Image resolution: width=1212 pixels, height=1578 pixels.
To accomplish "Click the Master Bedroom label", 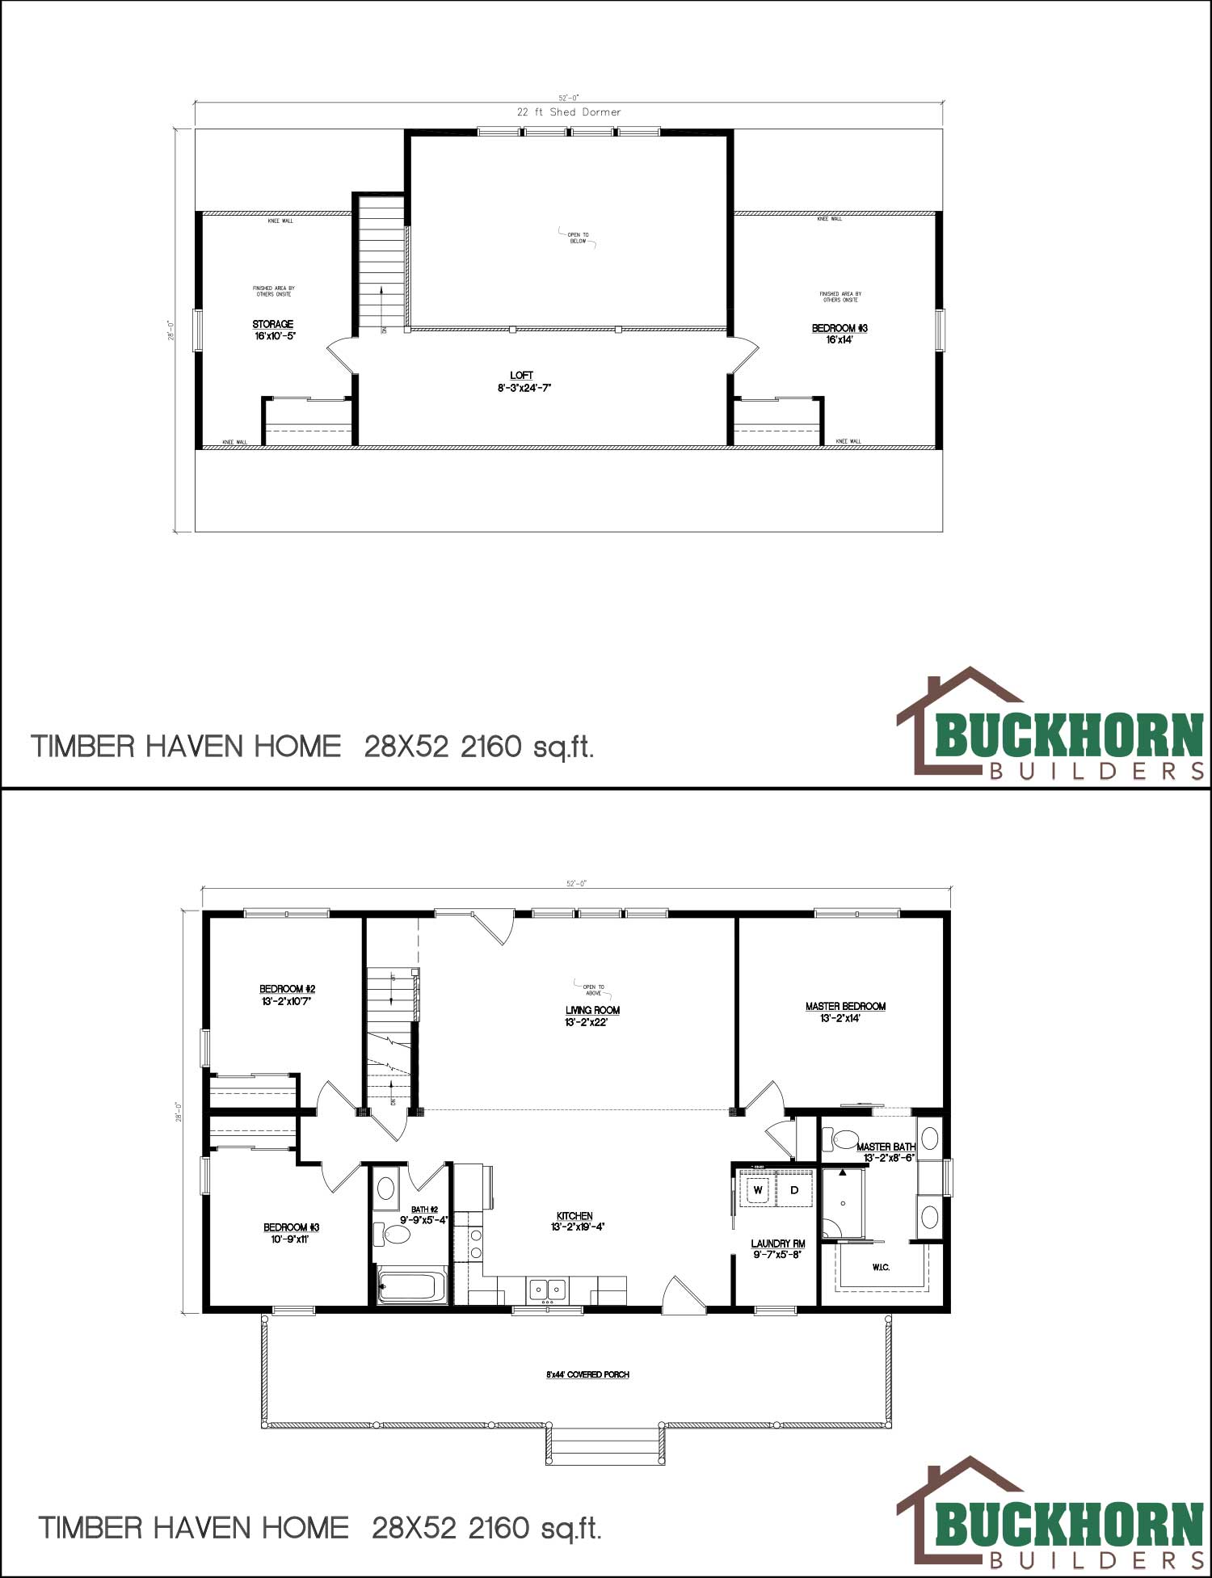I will (x=845, y=1007).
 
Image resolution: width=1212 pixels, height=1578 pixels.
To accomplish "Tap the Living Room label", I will (x=592, y=1011).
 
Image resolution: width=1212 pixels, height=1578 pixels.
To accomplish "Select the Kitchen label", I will (x=574, y=1217).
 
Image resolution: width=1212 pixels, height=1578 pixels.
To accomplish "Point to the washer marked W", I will (x=758, y=1190).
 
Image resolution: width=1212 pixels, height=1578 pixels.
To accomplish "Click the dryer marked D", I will (x=794, y=1190).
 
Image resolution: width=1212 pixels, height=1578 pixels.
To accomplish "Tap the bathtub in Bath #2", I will (x=412, y=1286).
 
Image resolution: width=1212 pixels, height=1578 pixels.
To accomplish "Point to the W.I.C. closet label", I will (x=881, y=1267).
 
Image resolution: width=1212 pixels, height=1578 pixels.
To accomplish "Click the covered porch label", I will (x=587, y=1374).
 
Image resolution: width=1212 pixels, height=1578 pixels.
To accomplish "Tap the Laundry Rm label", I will (x=777, y=1244).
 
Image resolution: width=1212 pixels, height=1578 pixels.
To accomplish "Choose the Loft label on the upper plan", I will (x=522, y=376).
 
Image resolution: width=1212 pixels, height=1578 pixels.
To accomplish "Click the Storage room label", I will (x=273, y=325).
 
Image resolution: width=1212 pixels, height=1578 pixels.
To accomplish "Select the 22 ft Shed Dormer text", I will (x=569, y=112).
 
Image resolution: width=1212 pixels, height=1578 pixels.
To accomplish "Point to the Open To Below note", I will (x=579, y=238).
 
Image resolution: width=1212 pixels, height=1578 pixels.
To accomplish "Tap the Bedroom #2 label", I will (x=287, y=989).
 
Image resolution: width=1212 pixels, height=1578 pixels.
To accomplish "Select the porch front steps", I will (x=605, y=1445).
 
